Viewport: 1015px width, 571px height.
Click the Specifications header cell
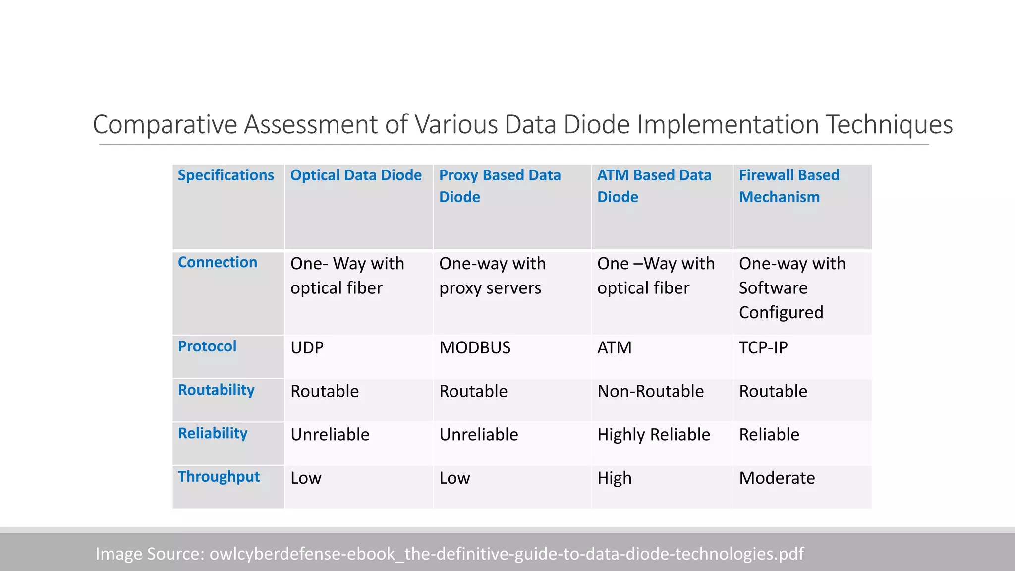pyautogui.click(x=226, y=175)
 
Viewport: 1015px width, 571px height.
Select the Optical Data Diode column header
pyautogui.click(x=356, y=175)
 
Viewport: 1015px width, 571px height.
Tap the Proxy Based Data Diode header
pyautogui.click(x=500, y=186)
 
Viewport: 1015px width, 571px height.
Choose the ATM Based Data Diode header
pyautogui.click(x=654, y=186)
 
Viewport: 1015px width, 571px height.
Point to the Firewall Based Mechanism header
pyautogui.click(x=789, y=186)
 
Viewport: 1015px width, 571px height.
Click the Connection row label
pyautogui.click(x=218, y=262)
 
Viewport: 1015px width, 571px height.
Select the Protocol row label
pyautogui.click(x=207, y=346)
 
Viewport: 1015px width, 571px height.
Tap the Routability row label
pyautogui.click(x=216, y=390)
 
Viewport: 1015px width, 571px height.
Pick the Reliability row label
pyautogui.click(x=213, y=433)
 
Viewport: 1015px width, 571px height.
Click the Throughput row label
pyautogui.click(x=219, y=477)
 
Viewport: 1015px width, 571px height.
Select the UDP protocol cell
pyautogui.click(x=307, y=348)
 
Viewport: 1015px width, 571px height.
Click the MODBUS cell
pyautogui.click(x=475, y=348)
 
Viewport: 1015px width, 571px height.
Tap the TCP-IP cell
pyautogui.click(x=763, y=348)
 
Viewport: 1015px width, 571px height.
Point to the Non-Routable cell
pyautogui.click(x=650, y=392)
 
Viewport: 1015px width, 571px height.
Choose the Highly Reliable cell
pyautogui.click(x=654, y=435)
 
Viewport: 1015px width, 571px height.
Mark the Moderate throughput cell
pyautogui.click(x=777, y=478)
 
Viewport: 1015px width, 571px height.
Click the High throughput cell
pyautogui.click(x=615, y=478)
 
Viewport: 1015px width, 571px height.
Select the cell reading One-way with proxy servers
pyautogui.click(x=492, y=276)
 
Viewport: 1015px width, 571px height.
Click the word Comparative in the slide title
pyautogui.click(x=165, y=124)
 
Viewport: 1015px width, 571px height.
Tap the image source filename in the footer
pyautogui.click(x=507, y=554)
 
